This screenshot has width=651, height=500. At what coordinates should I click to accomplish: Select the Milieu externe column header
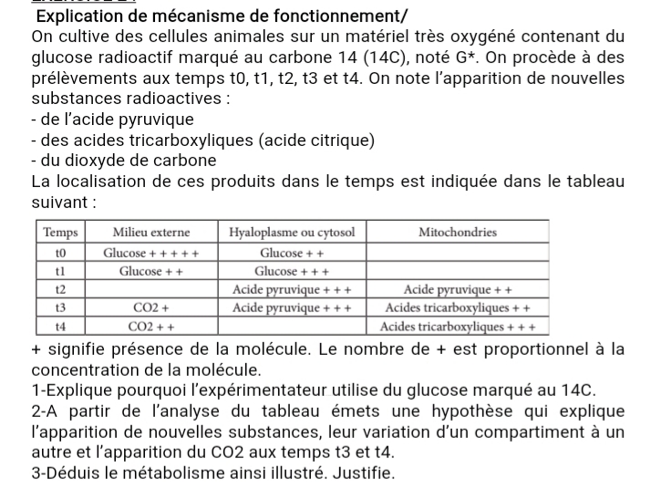tap(151, 233)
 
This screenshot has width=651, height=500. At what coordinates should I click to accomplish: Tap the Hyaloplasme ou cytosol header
tap(293, 233)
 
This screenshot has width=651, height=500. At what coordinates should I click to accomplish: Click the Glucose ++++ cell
tap(151, 252)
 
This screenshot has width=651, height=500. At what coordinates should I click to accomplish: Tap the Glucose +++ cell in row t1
tap(293, 271)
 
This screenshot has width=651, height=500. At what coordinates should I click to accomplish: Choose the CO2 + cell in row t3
tap(151, 307)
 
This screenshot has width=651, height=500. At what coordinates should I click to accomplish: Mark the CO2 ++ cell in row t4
tap(151, 326)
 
